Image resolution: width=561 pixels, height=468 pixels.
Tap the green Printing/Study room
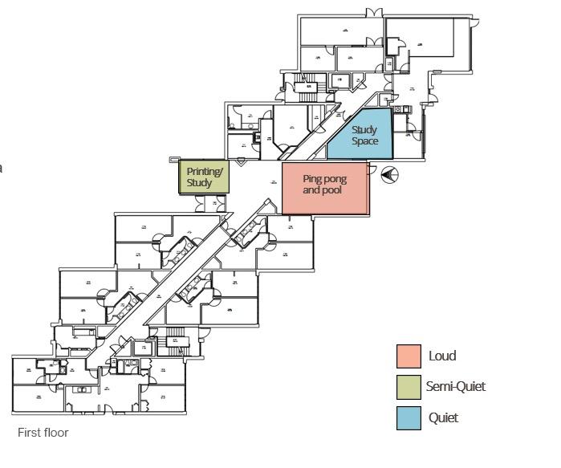[204, 177]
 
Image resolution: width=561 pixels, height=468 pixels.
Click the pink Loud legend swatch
[409, 356]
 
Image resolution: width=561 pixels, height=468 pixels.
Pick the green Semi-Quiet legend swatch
[409, 387]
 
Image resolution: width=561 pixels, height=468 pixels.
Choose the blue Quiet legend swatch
[409, 418]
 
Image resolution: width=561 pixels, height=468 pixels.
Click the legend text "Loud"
[442, 356]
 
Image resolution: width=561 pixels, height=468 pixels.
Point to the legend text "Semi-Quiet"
[455, 387]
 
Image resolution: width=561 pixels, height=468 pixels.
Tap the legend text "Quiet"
[444, 418]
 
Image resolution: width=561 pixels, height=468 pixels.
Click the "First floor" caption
[43, 433]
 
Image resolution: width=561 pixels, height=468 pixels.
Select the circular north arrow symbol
[390, 174]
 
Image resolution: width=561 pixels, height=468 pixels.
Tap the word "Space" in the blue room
[365, 141]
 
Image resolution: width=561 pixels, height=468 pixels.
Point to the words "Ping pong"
[325, 180]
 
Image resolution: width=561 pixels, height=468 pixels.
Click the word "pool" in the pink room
[334, 191]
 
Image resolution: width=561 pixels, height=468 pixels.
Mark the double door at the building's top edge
[374, 13]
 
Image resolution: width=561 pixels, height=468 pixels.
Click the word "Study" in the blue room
[364, 130]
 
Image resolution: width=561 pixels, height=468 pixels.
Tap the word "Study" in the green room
[199, 183]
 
